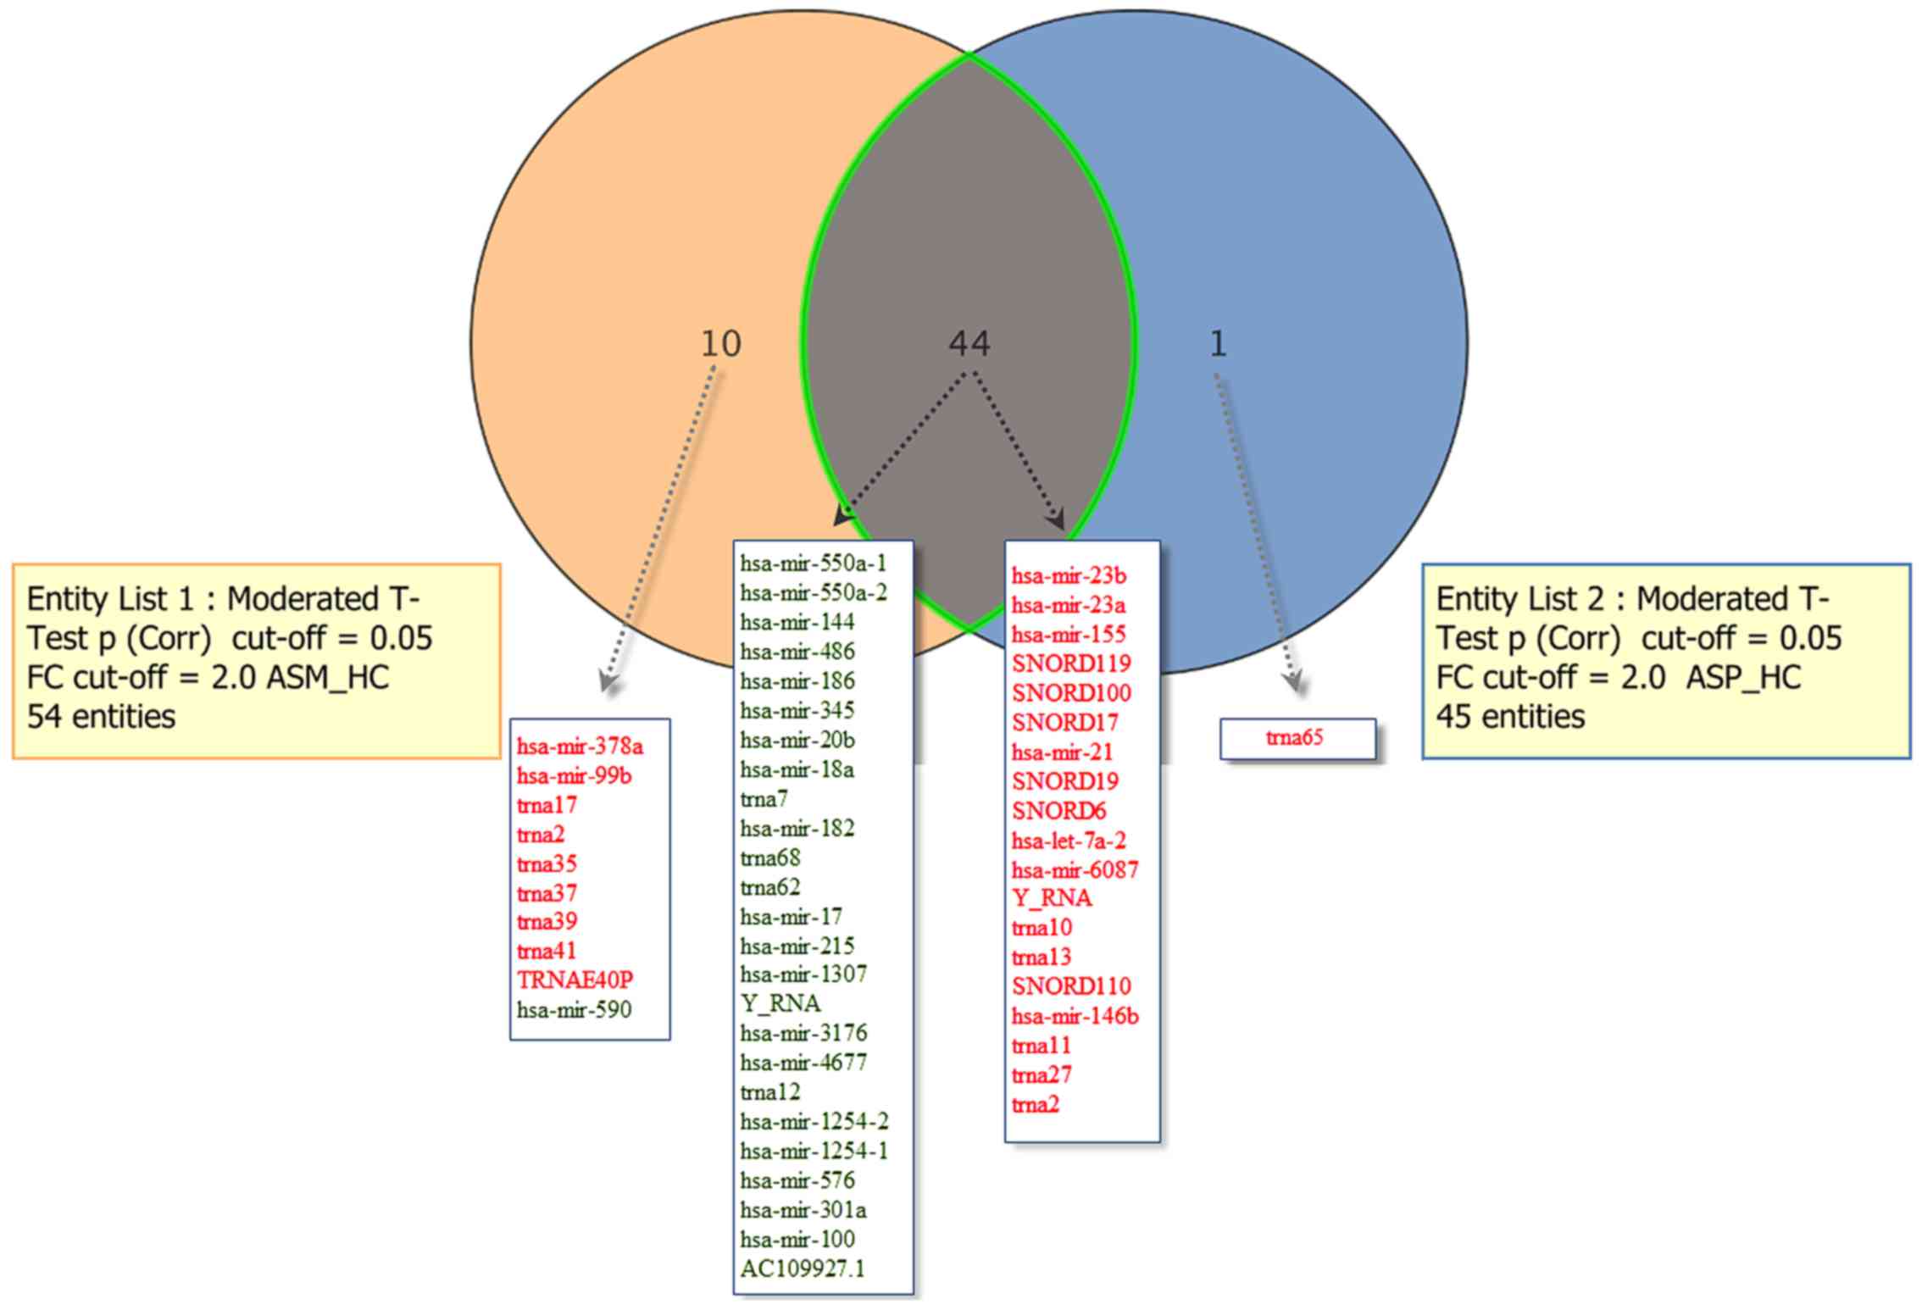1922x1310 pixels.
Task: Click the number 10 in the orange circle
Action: pos(721,344)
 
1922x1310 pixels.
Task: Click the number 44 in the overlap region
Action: pos(969,344)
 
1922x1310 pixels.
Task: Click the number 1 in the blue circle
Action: pos(1218,344)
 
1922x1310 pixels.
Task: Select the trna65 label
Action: pos(1295,737)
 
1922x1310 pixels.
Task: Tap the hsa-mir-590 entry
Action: pos(574,1009)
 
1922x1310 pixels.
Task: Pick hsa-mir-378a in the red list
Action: pos(580,747)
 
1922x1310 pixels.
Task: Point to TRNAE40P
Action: pos(575,980)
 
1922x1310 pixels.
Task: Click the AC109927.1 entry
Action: pos(803,1268)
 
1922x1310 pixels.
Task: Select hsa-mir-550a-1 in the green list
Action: pos(813,563)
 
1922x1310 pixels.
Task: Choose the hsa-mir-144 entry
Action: pos(797,622)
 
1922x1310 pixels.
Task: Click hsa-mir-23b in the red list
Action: pos(1069,576)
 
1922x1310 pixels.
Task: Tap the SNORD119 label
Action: pos(1071,663)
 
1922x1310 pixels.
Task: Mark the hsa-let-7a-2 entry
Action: pos(1069,841)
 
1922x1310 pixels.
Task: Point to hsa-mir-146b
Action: pos(1075,1015)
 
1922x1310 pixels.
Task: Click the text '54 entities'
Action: pos(101,717)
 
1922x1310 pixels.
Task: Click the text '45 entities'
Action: pos(1510,717)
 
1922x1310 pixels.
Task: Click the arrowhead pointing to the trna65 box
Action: pos(1292,683)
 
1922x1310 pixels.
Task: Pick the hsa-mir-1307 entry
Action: pos(803,974)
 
